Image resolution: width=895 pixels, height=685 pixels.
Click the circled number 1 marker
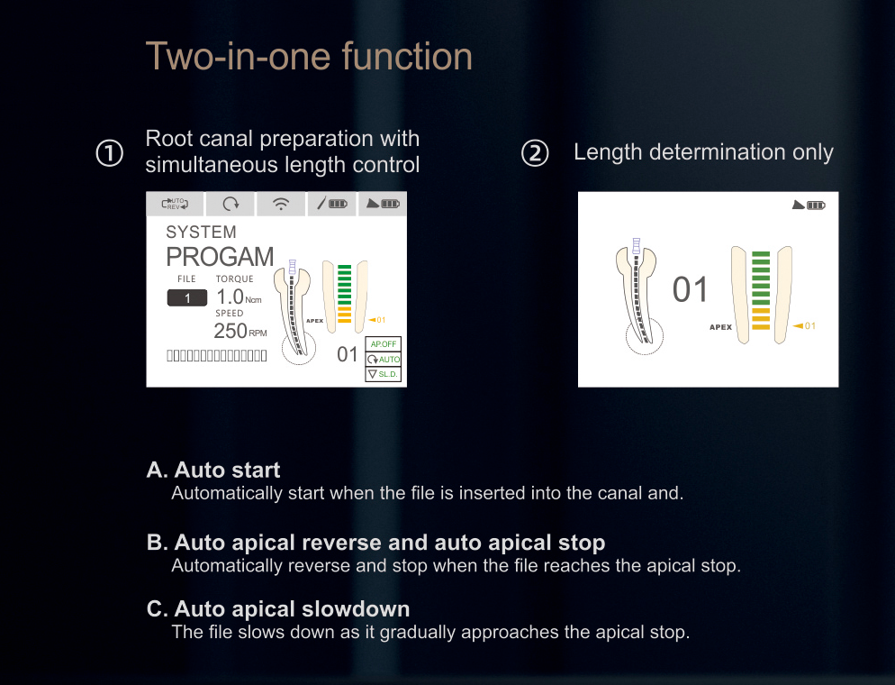(110, 153)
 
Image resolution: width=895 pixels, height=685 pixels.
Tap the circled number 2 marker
(535, 153)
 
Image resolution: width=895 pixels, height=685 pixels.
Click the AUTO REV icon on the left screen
(175, 204)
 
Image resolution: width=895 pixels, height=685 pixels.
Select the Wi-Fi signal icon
(281, 205)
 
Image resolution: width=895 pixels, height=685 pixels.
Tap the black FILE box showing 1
(187, 298)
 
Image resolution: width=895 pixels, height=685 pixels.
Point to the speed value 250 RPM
(240, 332)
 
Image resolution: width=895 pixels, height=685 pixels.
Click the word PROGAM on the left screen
(220, 258)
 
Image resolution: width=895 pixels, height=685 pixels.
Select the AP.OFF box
(384, 344)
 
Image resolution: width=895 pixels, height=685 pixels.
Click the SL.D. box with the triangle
(384, 374)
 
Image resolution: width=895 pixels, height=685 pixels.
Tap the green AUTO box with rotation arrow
(384, 360)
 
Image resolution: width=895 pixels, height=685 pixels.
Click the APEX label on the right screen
(720, 327)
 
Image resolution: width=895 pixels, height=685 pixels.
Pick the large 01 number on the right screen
(691, 290)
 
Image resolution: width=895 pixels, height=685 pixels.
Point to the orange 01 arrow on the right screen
(804, 326)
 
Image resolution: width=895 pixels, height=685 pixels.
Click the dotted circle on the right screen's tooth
(645, 337)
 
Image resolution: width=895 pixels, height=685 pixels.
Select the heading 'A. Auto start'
(213, 470)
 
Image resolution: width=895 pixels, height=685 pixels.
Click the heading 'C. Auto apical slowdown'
(278, 608)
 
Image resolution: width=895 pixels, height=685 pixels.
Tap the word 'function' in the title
(407, 56)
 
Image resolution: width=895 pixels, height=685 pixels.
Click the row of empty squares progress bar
(217, 356)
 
